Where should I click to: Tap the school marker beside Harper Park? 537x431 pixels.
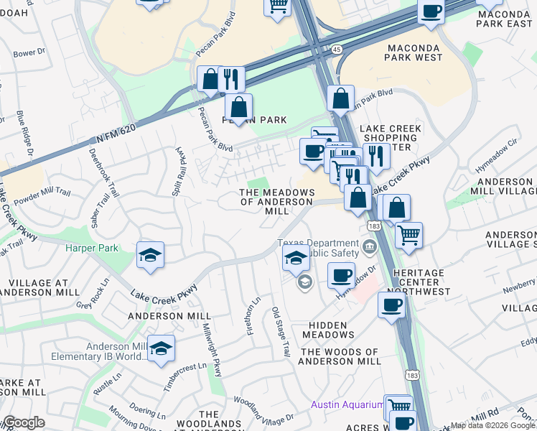click(x=151, y=255)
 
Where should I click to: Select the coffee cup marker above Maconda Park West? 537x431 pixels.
click(x=431, y=11)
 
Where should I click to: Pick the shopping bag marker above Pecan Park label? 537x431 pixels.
click(x=238, y=108)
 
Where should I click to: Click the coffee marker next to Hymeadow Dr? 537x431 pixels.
click(x=341, y=274)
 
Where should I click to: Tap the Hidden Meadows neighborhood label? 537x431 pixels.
click(x=331, y=330)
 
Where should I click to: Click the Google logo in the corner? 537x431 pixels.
click(x=24, y=422)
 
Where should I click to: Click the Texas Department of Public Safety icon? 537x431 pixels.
click(x=370, y=248)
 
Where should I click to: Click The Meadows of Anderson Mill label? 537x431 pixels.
click(x=277, y=202)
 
